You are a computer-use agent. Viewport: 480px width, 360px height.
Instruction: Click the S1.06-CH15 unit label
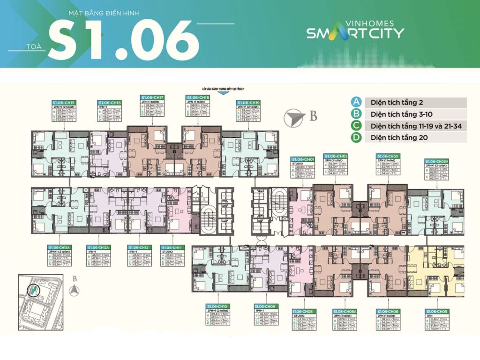tap(64, 102)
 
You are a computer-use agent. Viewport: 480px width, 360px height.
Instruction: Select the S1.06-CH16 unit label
tap(110, 102)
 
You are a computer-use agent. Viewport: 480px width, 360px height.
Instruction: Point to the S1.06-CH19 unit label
tap(248, 102)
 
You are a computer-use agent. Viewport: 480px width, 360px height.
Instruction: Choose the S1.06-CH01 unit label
tap(303, 159)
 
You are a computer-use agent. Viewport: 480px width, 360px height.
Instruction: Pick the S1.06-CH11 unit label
tap(172, 247)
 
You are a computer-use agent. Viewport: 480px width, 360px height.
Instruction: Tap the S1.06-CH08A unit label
tap(345, 311)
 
